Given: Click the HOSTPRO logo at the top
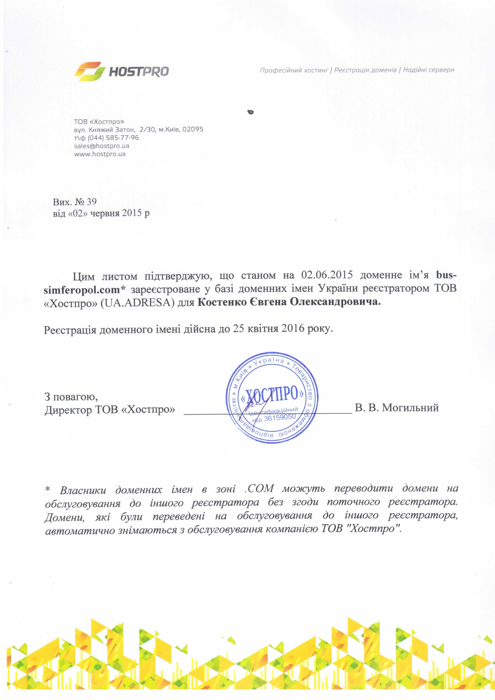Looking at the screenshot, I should (121, 71).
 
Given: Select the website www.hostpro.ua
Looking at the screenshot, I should (100, 154).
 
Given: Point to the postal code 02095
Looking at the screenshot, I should (193, 129).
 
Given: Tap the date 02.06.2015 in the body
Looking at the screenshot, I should (327, 275).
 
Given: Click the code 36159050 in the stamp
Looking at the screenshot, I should (280, 418).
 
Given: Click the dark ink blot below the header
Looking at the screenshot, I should (251, 112).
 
